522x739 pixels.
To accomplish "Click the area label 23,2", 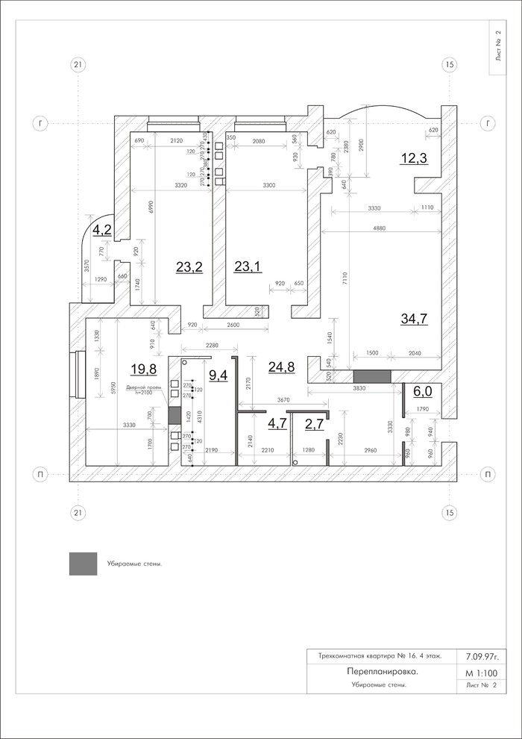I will coord(189,267).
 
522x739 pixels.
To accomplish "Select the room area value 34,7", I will coord(415,319).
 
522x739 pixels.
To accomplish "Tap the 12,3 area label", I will coord(414,158).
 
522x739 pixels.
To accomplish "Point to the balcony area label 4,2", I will coord(101,230).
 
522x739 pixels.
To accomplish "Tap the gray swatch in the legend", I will coord(82,564).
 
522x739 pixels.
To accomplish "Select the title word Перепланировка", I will coord(382,672).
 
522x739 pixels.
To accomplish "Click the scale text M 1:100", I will coord(480,673).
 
